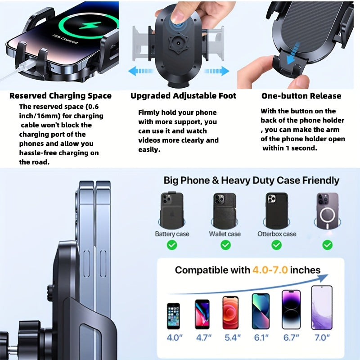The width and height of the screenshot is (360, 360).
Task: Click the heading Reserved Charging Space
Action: click(x=60, y=96)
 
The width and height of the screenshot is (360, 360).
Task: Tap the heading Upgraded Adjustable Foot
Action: click(x=183, y=96)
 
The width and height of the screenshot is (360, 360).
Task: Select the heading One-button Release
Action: click(x=301, y=96)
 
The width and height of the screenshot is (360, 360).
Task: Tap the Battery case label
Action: click(x=172, y=234)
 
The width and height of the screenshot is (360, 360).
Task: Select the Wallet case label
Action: click(x=225, y=234)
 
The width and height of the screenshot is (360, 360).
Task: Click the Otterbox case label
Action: click(x=277, y=234)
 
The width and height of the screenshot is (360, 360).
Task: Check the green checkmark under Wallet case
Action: click(x=225, y=245)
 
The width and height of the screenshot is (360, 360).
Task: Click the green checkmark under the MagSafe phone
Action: click(x=328, y=245)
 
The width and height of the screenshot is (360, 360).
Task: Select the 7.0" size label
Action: click(x=322, y=337)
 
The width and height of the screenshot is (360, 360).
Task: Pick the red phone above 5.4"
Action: click(x=230, y=312)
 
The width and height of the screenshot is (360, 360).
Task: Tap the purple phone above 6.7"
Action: click(x=291, y=310)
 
